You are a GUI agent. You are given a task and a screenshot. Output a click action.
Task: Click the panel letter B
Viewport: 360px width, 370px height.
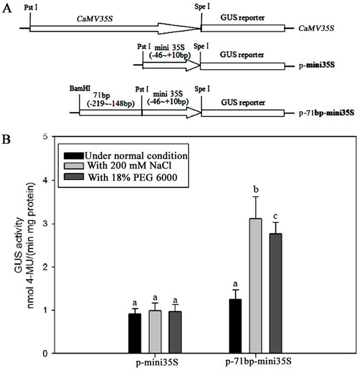click(7, 141)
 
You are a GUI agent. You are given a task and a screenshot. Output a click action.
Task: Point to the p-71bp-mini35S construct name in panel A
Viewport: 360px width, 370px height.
click(327, 114)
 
